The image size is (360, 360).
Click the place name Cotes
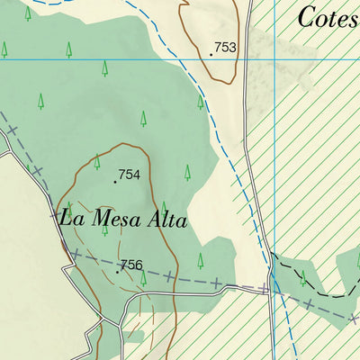(327, 17)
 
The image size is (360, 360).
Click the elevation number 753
(225, 48)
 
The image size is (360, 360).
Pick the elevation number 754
(130, 175)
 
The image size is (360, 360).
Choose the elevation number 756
(131, 265)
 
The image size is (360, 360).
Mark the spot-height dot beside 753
(211, 54)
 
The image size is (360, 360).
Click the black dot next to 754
(115, 181)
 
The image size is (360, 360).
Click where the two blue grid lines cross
(273, 59)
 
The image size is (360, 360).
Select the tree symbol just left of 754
(97, 162)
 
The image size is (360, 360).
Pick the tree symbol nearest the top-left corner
(28, 13)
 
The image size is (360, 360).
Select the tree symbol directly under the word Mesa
(104, 229)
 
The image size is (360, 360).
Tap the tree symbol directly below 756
(143, 279)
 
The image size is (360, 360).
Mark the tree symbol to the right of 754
(187, 172)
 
